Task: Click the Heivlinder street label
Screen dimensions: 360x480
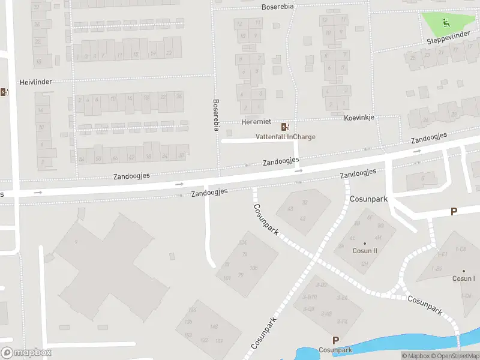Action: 36,82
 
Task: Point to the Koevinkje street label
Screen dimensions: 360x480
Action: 359,118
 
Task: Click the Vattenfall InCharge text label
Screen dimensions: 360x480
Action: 285,136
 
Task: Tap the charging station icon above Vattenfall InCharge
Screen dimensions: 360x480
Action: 285,127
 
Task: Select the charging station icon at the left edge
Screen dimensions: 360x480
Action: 4,92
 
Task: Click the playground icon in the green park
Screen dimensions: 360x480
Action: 446,23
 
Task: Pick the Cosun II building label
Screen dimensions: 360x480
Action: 365,251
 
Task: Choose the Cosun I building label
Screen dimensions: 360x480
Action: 463,278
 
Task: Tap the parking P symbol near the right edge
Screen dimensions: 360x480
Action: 454,211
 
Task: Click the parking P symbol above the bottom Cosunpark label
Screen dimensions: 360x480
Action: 335,340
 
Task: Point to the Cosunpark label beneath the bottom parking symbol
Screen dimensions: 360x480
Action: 335,350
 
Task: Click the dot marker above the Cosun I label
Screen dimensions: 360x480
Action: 463,271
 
